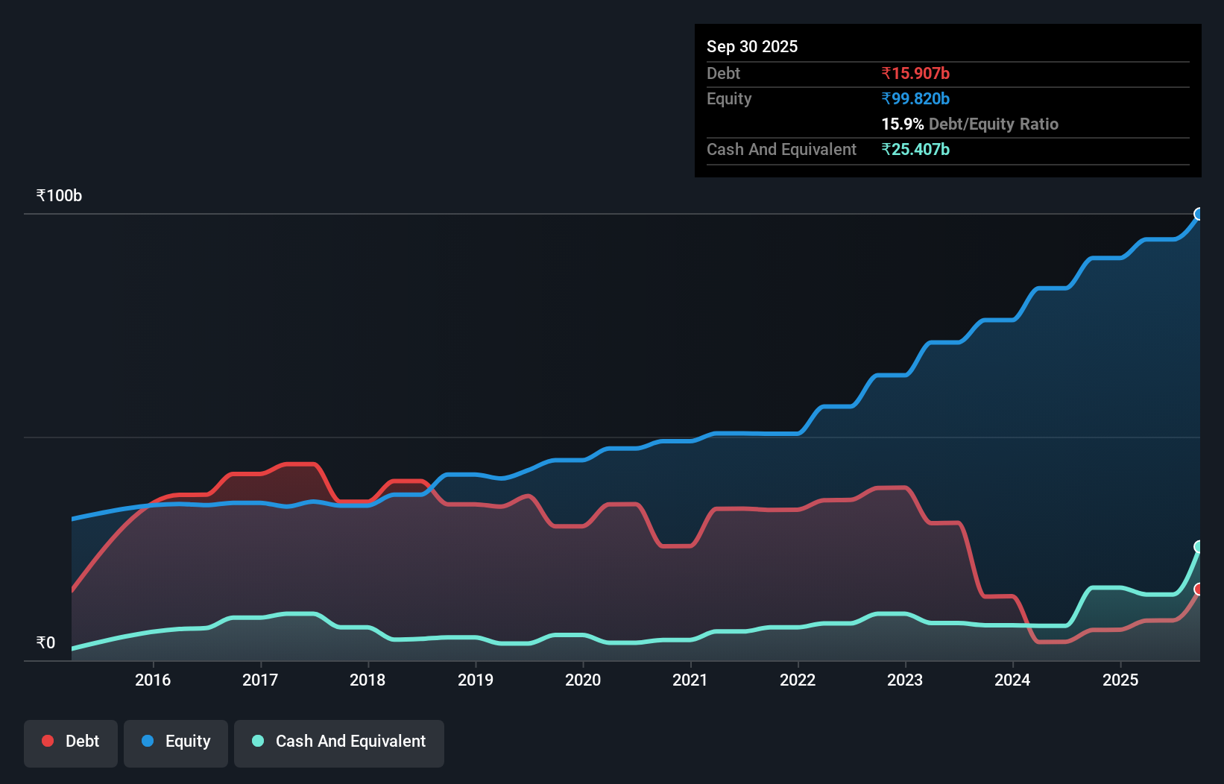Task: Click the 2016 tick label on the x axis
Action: click(153, 680)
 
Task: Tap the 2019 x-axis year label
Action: click(476, 680)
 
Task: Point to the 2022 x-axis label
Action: click(798, 680)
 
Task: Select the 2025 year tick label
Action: click(1120, 680)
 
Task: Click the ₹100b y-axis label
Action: click(59, 196)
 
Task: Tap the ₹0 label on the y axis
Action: click(45, 642)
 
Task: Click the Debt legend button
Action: click(71, 742)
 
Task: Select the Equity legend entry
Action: click(176, 742)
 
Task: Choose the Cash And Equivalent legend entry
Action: click(339, 742)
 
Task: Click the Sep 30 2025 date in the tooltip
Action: click(752, 46)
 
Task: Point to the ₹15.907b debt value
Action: click(915, 73)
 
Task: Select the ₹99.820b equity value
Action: click(915, 98)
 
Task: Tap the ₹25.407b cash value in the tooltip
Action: click(915, 149)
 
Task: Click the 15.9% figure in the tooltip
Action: click(902, 124)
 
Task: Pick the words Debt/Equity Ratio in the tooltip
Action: click(994, 124)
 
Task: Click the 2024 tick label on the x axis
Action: click(1012, 680)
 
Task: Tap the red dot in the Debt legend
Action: click(48, 741)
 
